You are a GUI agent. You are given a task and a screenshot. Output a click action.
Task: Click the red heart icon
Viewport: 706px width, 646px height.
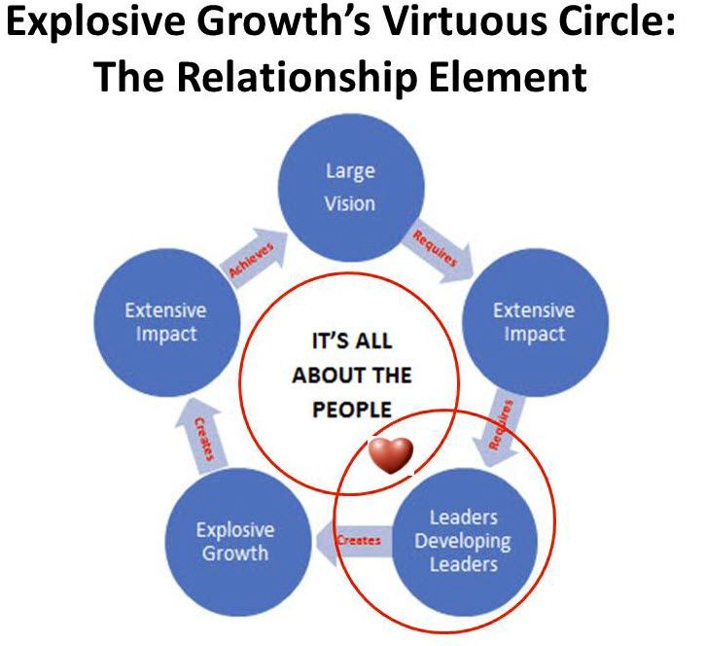click(x=390, y=453)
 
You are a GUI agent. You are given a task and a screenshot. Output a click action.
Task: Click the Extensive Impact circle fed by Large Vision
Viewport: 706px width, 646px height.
click(x=534, y=322)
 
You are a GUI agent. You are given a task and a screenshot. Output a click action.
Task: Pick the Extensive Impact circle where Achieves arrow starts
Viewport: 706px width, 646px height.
click(x=165, y=322)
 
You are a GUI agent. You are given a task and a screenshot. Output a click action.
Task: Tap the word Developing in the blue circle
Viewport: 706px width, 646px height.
click(x=462, y=541)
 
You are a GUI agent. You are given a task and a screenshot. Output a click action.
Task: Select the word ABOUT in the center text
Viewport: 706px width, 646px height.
click(x=352, y=376)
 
